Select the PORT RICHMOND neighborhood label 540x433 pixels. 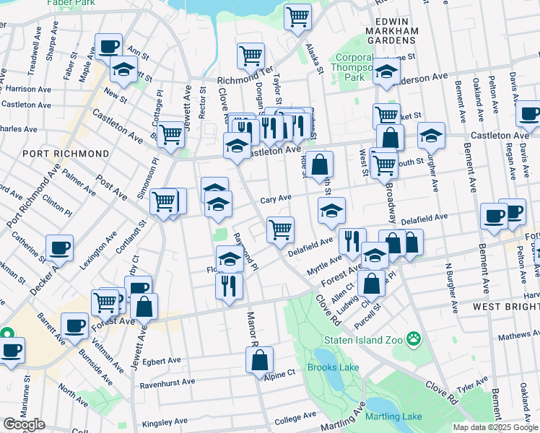[x=66, y=154]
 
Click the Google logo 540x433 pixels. [x=24, y=424]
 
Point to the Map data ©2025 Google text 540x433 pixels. [x=495, y=427]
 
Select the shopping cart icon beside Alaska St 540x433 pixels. [x=297, y=16]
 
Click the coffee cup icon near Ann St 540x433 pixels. [x=108, y=47]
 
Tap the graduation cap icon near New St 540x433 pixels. [x=124, y=70]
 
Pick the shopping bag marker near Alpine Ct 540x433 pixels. [x=259, y=359]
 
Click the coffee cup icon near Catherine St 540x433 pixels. [x=59, y=248]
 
